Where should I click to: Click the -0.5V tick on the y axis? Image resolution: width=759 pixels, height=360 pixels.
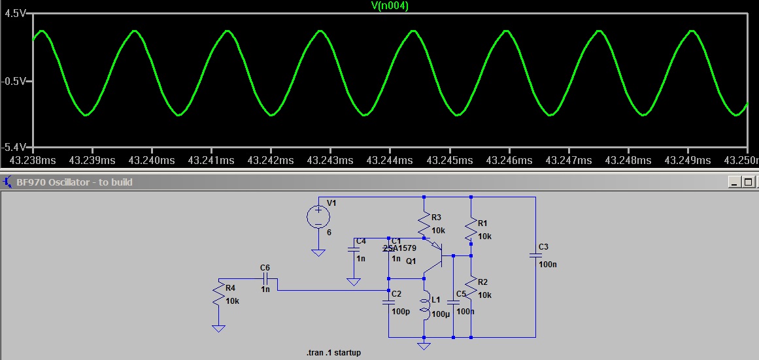(x=16, y=81)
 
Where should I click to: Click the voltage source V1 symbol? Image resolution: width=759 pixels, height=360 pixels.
(x=318, y=217)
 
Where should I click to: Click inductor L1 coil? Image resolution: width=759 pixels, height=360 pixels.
(x=424, y=308)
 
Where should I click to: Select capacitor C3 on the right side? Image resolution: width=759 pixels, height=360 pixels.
(x=535, y=255)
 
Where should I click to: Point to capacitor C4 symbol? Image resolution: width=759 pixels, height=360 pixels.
(x=354, y=249)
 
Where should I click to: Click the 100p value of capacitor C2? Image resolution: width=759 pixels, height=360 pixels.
(x=400, y=311)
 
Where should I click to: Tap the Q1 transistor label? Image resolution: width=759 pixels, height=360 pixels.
(x=411, y=261)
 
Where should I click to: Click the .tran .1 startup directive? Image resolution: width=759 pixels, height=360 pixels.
(x=333, y=353)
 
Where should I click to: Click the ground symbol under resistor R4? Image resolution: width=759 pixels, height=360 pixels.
(x=218, y=327)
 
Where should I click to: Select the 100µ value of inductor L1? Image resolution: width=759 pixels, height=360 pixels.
(x=441, y=314)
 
